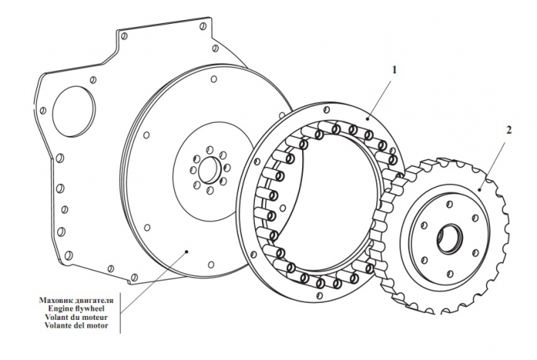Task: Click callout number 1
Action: click(x=394, y=69)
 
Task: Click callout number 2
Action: click(x=507, y=131)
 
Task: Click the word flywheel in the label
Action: click(x=90, y=308)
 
